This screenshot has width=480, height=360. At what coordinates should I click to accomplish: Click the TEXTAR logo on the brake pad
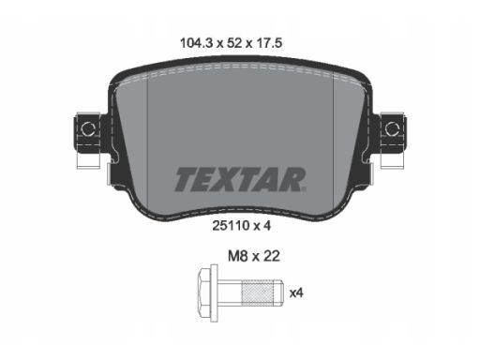click(240, 179)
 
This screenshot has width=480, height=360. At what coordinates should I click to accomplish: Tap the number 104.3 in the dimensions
click(196, 43)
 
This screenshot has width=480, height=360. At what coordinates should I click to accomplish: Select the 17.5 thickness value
click(269, 43)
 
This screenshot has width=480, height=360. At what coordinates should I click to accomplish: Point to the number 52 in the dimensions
click(234, 43)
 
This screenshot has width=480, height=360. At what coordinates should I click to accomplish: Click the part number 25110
click(231, 226)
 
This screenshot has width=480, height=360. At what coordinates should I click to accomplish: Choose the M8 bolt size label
click(238, 256)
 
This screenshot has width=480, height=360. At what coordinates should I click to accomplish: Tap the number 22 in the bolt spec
click(272, 256)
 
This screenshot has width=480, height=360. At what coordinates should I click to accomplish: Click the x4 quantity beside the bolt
click(296, 293)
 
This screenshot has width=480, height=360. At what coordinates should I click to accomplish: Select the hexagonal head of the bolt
click(204, 293)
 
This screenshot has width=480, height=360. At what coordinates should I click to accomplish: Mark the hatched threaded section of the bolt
click(258, 293)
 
